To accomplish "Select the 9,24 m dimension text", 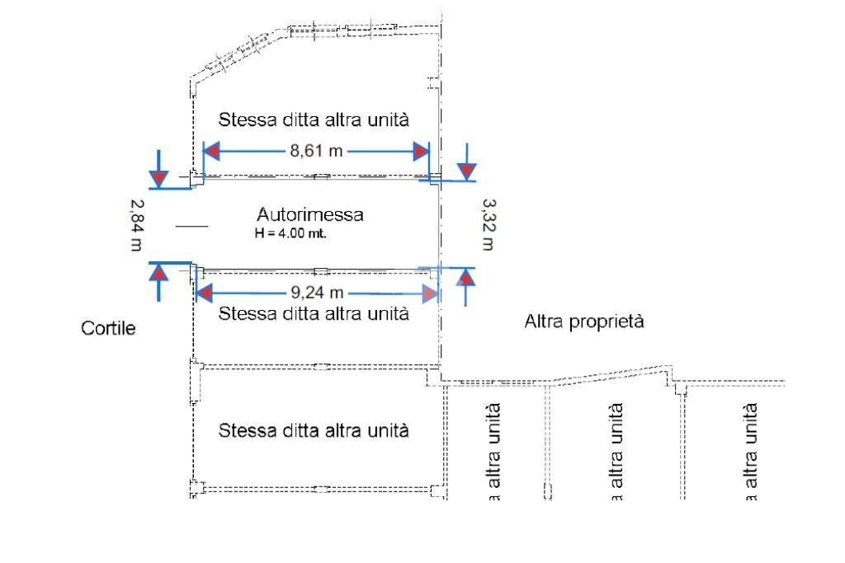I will (x=314, y=293).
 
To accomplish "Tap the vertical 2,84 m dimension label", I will (x=136, y=225).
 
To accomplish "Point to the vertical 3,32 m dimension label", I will (x=488, y=223).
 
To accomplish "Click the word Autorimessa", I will (x=309, y=215).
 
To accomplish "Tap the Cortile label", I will (x=108, y=329).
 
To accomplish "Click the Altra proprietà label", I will (x=584, y=321).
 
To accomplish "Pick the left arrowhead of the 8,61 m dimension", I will (x=211, y=152).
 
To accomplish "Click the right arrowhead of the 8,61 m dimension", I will (x=422, y=152).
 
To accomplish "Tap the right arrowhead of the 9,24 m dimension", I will (x=429, y=294).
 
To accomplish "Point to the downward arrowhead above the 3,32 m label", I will (x=467, y=171).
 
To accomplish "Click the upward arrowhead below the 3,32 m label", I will (x=467, y=278).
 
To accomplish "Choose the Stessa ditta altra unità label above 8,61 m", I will (x=314, y=120).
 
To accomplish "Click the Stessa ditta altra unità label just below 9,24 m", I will (x=314, y=313).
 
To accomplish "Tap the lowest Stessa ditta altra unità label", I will (x=314, y=430).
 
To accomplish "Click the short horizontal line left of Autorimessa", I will (x=191, y=225).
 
